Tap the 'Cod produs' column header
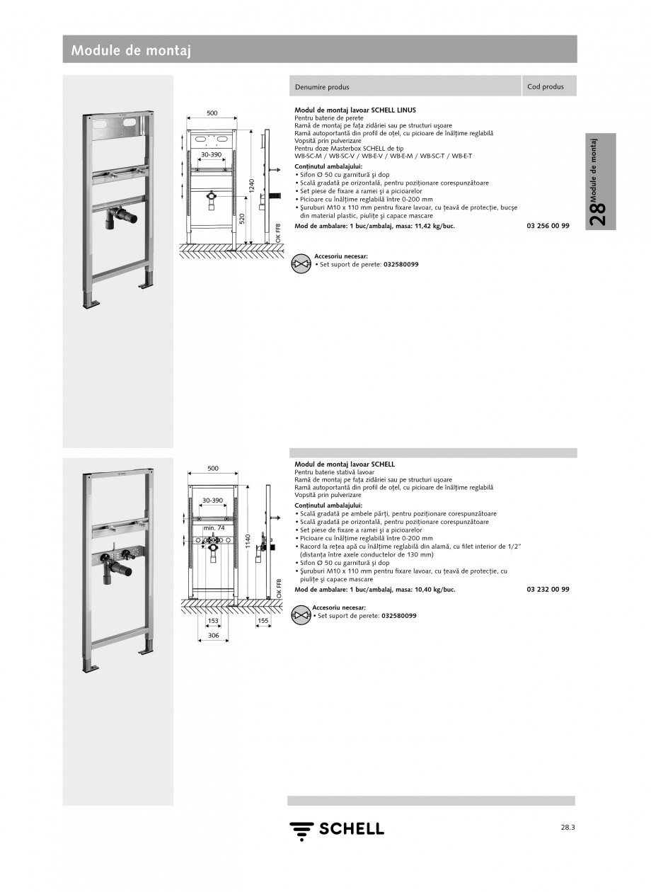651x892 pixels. click(x=546, y=86)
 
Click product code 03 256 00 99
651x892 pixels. click(x=548, y=226)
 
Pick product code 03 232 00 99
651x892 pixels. click(x=548, y=589)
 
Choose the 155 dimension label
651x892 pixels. click(x=263, y=621)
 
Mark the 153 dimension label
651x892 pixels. click(x=212, y=621)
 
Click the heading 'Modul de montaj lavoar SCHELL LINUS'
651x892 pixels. click(x=355, y=110)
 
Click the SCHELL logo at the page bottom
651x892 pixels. click(x=336, y=829)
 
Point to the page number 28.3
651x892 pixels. click(x=567, y=826)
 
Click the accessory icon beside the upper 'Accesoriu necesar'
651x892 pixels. click(x=301, y=263)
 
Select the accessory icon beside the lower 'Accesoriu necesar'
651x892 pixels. click(x=301, y=614)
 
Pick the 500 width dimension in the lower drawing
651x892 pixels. click(x=212, y=468)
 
